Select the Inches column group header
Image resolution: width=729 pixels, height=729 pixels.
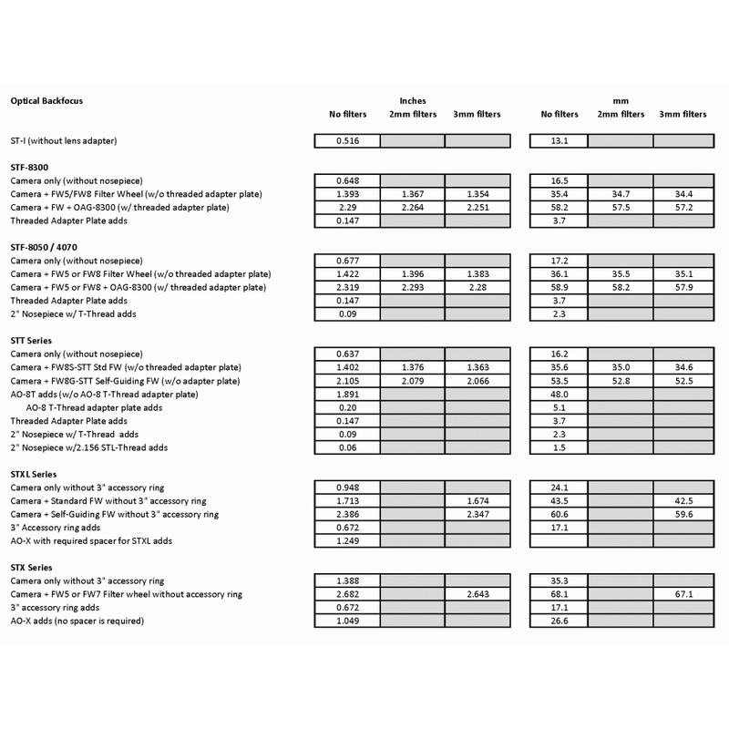coord(412,100)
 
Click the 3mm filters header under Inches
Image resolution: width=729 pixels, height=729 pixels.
coord(476,115)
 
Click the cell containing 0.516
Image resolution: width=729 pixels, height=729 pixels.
coord(345,141)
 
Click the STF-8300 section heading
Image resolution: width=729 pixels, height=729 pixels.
coord(33,168)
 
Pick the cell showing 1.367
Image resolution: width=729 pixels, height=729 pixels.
coord(412,194)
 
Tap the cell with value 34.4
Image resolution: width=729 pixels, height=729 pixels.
coord(683,194)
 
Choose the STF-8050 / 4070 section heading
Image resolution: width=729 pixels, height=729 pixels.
coord(51,247)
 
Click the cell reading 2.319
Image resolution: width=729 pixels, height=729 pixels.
coord(345,287)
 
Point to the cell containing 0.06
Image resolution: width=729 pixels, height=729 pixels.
coord(345,447)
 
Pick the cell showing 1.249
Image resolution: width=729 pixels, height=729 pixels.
coord(345,540)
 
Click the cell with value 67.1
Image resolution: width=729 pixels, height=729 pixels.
coord(683,594)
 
